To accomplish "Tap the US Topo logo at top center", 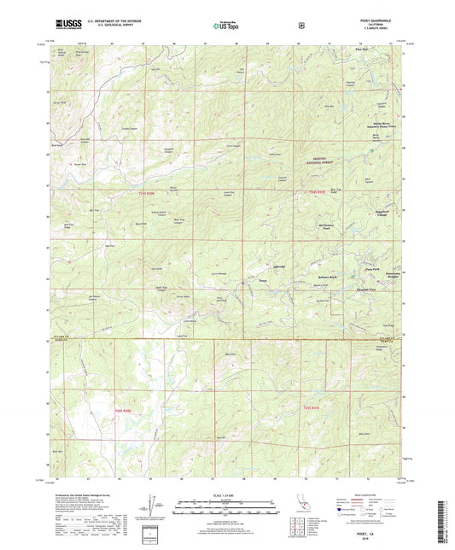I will (x=226, y=26).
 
